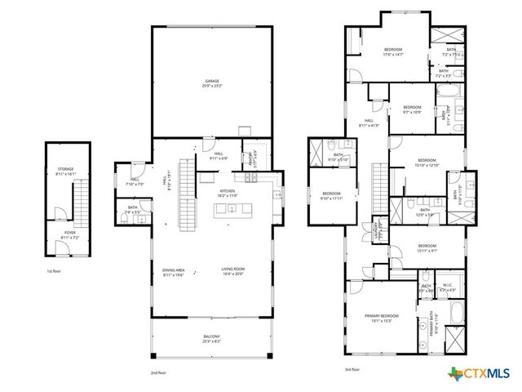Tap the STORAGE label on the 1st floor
coord(65,171)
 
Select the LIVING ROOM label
coord(233,270)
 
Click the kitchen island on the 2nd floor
coord(232,211)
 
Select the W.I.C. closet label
coord(449,290)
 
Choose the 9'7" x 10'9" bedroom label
coord(411,109)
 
